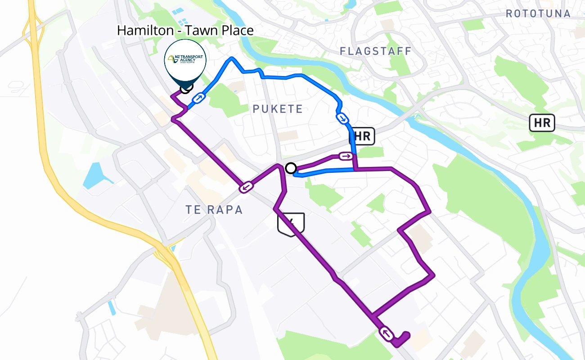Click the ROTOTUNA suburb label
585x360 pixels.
(538, 13)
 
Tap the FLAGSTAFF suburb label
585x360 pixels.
(376, 51)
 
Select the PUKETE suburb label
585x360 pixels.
(278, 109)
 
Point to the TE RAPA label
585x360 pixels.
(214, 209)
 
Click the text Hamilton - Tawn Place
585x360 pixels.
(185, 31)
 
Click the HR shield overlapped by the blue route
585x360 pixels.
(363, 136)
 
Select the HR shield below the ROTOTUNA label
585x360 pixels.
(542, 123)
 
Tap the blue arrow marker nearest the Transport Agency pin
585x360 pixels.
(198, 98)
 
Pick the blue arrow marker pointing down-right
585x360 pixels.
(342, 118)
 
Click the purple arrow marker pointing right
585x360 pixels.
(346, 156)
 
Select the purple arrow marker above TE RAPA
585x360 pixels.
(246, 187)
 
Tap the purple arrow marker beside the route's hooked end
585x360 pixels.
(387, 333)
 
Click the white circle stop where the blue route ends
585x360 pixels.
(291, 168)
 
